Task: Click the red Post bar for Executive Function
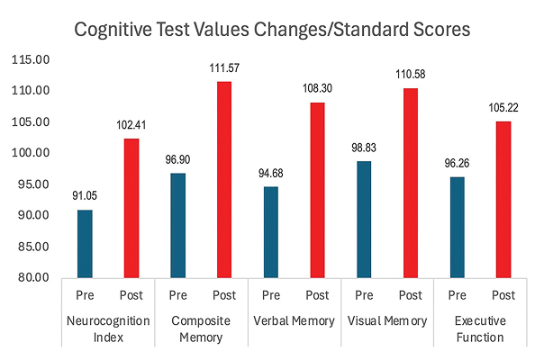pyautogui.click(x=503, y=199)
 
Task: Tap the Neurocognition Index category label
pyautogui.click(x=108, y=329)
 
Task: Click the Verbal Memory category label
pyautogui.click(x=295, y=321)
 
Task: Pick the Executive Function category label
pyautogui.click(x=479, y=329)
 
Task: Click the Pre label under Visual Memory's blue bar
pyautogui.click(x=364, y=295)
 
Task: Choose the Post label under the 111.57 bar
pyautogui.click(x=224, y=295)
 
